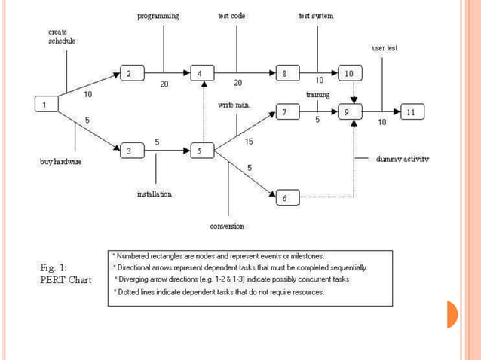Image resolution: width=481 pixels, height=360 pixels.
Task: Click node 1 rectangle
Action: click(x=47, y=105)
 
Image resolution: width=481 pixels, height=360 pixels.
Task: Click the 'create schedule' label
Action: click(x=62, y=36)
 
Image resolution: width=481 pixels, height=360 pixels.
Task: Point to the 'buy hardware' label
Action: click(x=61, y=162)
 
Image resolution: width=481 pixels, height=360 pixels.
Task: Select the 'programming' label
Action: click(x=158, y=16)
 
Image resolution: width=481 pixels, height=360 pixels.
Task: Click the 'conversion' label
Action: click(x=227, y=226)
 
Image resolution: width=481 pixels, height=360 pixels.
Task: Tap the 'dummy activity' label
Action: click(x=403, y=160)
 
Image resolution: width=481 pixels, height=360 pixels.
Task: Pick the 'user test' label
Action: click(x=384, y=47)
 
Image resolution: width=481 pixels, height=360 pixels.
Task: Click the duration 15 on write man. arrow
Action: click(x=249, y=141)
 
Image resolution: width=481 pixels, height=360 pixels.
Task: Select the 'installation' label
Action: click(x=155, y=194)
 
